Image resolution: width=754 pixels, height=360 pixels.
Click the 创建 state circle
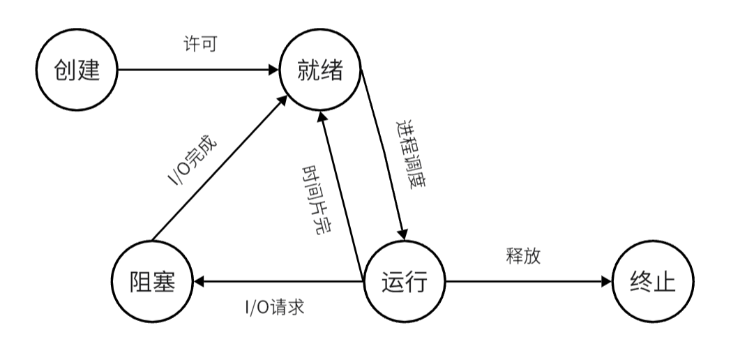point(77,70)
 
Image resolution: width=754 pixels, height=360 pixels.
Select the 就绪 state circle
point(320,70)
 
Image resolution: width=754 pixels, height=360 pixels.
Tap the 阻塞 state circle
point(153,282)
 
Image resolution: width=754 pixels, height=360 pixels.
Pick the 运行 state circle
point(404,282)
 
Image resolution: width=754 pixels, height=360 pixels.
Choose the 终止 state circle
point(654,282)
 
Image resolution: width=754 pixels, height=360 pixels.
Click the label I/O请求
point(274,307)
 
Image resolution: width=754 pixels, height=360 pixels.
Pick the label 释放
point(523,255)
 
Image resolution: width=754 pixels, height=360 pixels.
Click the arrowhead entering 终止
point(606,282)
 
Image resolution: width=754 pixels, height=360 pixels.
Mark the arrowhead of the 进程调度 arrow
point(402,235)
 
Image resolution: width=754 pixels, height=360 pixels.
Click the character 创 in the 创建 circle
point(66,70)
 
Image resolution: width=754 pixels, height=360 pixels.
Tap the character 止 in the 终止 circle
point(665,282)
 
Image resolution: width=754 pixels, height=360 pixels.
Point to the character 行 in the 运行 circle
point(416,282)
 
